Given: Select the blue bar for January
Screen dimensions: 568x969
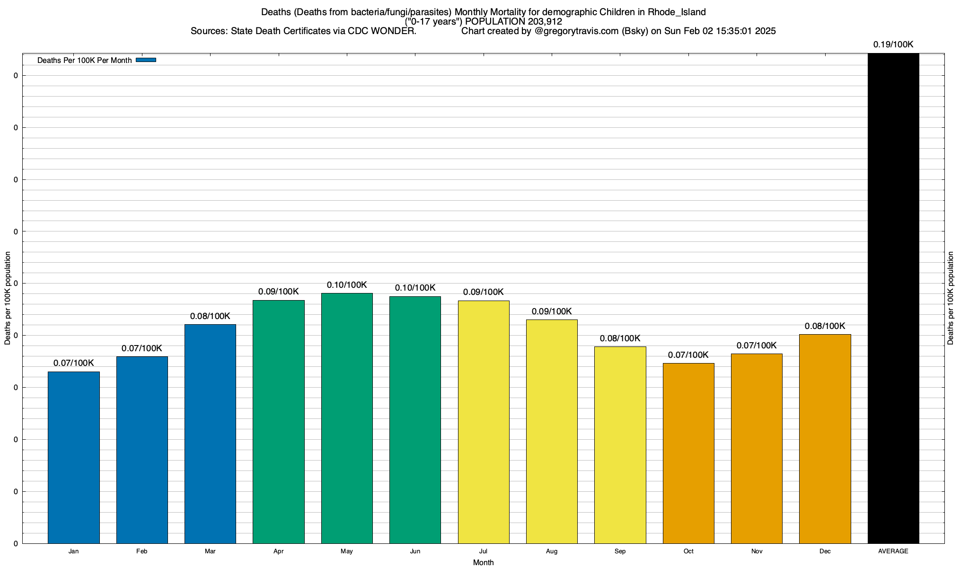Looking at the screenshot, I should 74,457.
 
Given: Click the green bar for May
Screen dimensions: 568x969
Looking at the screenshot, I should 347,418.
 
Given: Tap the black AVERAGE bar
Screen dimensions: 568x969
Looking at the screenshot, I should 893,298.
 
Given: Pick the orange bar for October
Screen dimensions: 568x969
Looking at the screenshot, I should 688,453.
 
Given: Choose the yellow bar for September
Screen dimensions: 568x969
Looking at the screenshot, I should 620,445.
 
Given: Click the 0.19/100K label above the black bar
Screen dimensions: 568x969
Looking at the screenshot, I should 893,44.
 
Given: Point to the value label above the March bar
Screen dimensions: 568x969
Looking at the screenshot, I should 210,316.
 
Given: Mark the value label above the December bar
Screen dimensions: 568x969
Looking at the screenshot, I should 825,326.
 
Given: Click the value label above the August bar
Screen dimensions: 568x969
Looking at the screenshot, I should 552,311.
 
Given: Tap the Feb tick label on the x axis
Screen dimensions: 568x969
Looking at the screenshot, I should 141,551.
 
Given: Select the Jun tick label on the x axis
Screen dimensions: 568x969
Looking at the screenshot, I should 415,551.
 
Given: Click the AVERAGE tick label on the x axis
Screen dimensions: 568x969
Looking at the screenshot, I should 893,551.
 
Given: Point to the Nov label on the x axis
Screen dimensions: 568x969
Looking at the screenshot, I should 757,551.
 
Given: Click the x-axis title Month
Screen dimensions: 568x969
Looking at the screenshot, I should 483,562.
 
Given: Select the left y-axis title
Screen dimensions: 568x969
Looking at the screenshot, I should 8,298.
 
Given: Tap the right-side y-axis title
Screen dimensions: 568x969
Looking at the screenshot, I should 951,298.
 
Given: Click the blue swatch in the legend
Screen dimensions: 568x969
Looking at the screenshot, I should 146,60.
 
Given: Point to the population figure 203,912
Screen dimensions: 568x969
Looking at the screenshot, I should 545,22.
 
